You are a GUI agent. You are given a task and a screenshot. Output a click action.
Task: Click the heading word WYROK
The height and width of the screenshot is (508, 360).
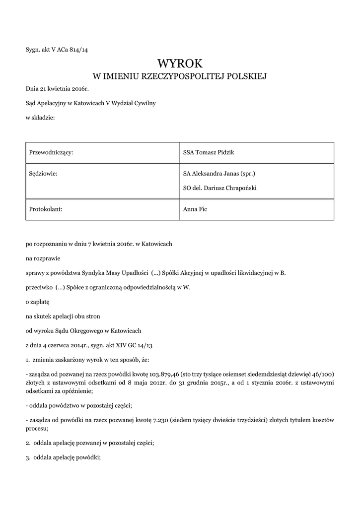180,63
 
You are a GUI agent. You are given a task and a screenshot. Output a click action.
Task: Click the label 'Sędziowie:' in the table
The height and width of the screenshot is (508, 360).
44,174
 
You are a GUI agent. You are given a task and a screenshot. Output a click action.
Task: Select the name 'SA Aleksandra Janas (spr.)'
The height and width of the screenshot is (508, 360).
219,174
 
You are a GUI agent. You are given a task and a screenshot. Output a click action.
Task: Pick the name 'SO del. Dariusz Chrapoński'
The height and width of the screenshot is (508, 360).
220,188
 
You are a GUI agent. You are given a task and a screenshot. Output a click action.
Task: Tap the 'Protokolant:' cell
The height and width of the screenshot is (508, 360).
46,209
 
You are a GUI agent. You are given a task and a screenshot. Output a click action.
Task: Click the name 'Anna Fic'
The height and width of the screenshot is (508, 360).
195,209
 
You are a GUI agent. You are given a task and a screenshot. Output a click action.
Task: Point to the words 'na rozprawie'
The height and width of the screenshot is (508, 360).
43,258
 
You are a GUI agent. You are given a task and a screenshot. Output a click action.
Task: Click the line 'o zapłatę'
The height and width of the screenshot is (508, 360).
38,301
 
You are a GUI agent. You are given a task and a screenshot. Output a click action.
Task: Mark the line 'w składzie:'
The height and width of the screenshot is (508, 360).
40,118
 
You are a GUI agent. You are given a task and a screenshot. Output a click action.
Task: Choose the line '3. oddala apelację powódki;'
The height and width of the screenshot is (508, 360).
63,458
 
